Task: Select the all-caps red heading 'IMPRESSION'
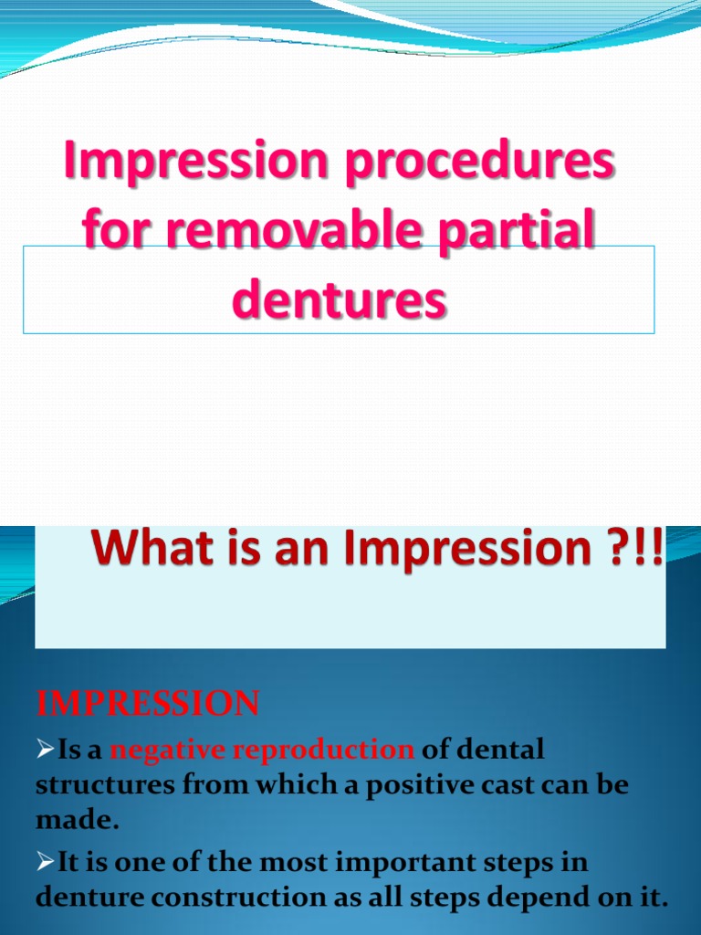(x=147, y=704)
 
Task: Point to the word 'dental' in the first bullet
(x=497, y=751)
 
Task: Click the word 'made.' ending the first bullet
(x=77, y=820)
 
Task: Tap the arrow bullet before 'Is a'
(x=45, y=751)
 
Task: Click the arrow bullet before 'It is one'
(x=45, y=862)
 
